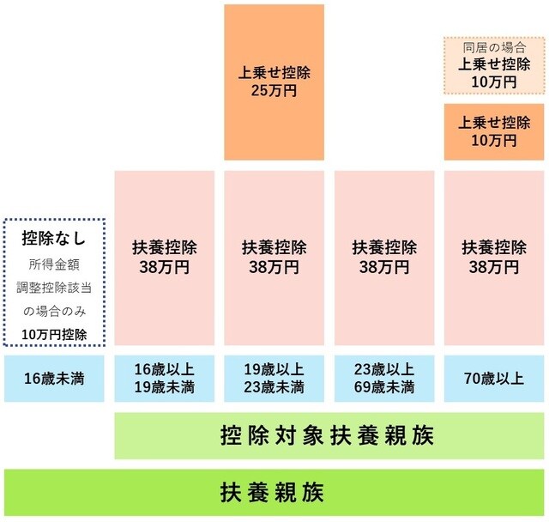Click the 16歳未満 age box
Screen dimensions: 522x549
click(54, 378)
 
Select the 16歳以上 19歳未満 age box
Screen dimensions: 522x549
click(164, 378)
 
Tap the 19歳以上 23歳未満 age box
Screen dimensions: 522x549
click(274, 378)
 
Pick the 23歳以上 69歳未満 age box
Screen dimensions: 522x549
click(384, 378)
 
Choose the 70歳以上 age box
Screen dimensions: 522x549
click(493, 378)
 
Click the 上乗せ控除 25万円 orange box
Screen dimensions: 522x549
click(274, 82)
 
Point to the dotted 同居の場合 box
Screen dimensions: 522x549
click(493, 65)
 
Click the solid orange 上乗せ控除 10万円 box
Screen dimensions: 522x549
click(493, 130)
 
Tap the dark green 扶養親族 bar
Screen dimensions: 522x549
click(274, 493)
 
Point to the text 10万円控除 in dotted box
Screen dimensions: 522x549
click(54, 333)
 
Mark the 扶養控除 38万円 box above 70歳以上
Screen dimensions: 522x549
click(493, 258)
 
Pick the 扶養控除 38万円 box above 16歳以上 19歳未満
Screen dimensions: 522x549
click(164, 258)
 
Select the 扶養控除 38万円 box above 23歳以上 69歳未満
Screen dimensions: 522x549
click(384, 258)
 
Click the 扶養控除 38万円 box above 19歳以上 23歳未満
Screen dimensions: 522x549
click(274, 258)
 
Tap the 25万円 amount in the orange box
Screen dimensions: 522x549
click(274, 90)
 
